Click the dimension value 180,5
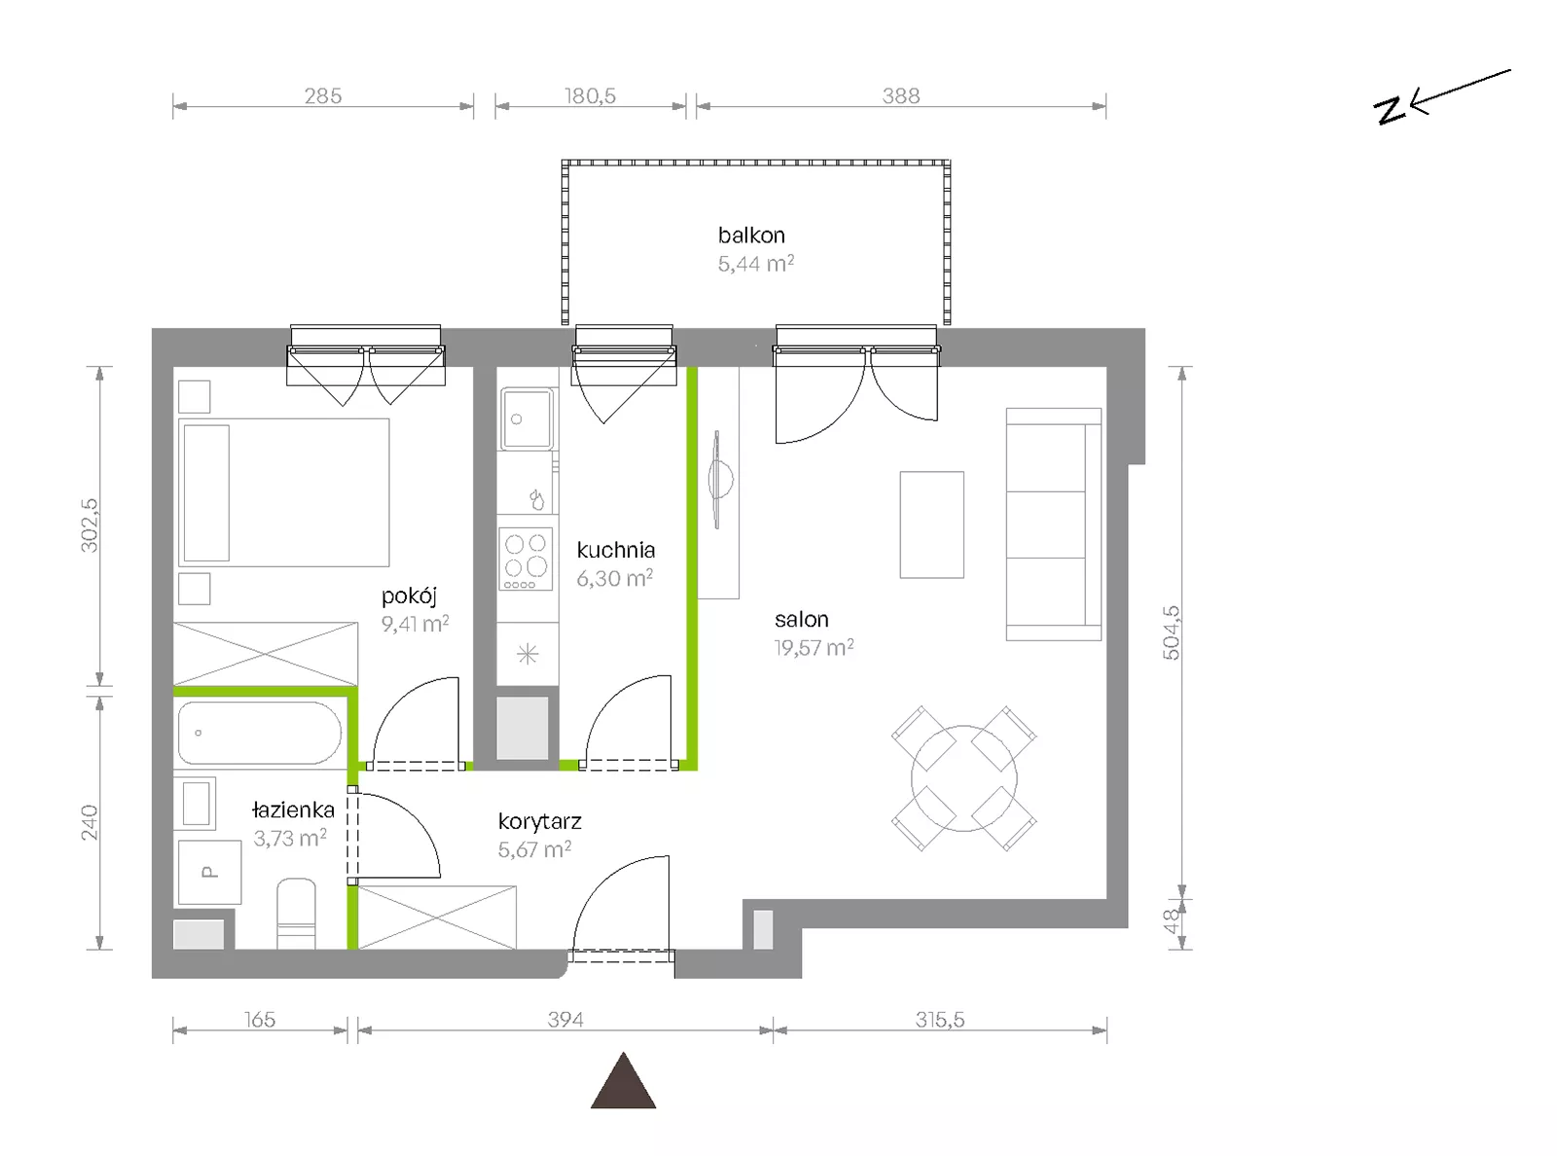(591, 95)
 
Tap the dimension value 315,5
(939, 1019)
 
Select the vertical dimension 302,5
(90, 525)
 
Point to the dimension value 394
(565, 1019)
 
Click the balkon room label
(751, 235)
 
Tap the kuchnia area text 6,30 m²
(615, 578)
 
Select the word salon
(802, 619)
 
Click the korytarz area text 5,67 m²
(535, 849)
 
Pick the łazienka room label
(294, 810)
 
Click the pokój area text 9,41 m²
(415, 624)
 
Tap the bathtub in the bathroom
(260, 733)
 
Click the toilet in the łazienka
(296, 913)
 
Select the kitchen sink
(526, 418)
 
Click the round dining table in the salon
(963, 778)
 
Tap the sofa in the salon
(1054, 524)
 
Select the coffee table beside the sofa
(931, 525)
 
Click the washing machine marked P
(209, 873)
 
